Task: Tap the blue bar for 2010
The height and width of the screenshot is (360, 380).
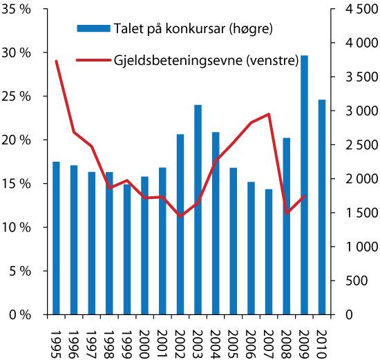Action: tap(322, 207)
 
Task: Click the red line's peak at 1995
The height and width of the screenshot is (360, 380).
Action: tap(56, 61)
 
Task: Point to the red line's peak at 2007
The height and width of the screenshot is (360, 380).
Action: tap(269, 114)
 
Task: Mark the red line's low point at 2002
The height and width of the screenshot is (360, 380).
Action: tap(180, 216)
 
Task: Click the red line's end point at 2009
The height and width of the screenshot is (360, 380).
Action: tap(304, 196)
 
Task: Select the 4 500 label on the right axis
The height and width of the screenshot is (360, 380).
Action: tap(357, 9)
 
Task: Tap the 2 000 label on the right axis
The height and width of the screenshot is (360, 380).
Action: tap(357, 179)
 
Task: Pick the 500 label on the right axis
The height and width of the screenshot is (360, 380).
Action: tap(361, 281)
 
